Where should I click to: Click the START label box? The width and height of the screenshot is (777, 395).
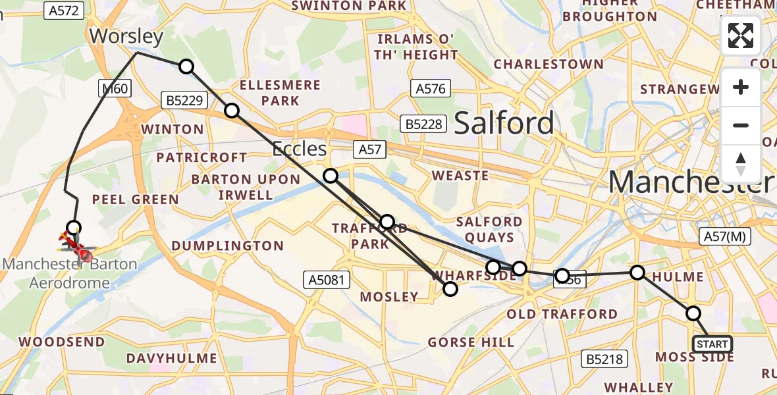[x=712, y=344]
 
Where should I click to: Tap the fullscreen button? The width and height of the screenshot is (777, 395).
[x=741, y=36]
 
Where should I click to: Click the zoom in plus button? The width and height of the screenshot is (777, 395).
[x=741, y=87]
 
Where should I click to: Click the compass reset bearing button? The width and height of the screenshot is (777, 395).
[x=741, y=163]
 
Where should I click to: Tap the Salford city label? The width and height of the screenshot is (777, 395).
[x=504, y=123]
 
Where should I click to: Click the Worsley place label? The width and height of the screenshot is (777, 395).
[x=126, y=36]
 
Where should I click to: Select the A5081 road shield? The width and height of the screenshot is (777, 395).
[x=327, y=280]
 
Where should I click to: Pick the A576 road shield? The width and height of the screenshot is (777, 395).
[x=431, y=88]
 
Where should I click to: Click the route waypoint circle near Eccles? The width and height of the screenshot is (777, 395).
[x=331, y=175]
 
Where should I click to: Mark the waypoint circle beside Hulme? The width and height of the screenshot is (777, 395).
[x=637, y=272]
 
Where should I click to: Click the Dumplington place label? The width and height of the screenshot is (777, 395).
[x=227, y=246]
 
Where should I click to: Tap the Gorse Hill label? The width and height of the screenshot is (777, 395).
[x=471, y=342]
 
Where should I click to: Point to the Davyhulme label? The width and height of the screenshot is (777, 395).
[x=172, y=359]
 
